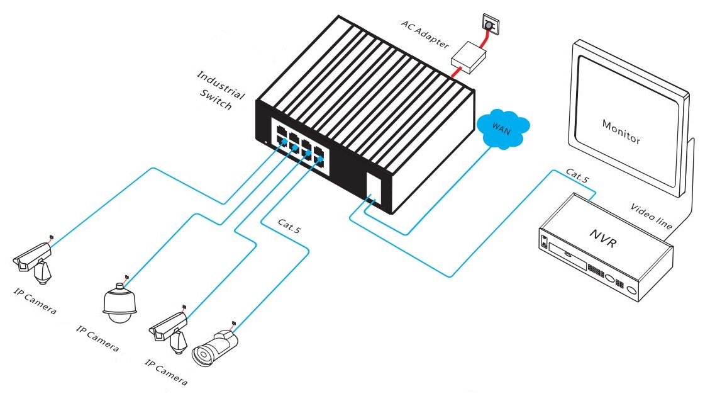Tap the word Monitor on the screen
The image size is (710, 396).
point(621,131)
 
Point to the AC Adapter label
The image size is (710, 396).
point(426,34)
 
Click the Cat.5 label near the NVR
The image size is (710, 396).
point(577,176)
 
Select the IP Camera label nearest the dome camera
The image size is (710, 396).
point(97,338)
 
